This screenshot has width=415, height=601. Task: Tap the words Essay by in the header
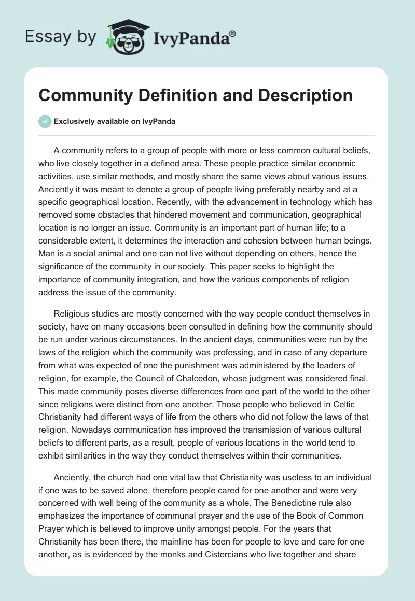(61, 37)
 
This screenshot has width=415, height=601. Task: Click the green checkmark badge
(45, 121)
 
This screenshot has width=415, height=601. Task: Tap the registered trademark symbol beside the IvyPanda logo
(233, 33)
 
